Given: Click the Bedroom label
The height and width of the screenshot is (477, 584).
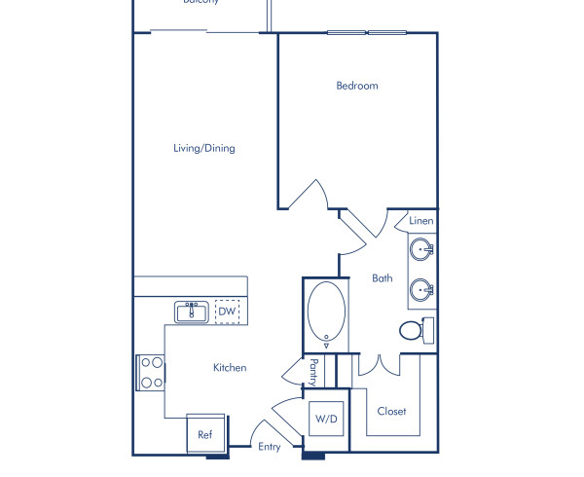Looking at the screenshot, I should click(356, 86).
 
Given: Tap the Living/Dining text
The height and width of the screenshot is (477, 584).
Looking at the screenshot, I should click(203, 149).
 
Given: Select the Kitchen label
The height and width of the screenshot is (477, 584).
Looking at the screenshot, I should click(230, 368).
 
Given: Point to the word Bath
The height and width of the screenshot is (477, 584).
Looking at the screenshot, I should click(382, 278).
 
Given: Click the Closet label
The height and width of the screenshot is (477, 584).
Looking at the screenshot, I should click(391, 412).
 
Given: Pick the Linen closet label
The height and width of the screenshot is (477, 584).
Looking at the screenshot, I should click(420, 221).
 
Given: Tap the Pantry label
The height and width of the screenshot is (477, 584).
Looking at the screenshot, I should click(313, 371).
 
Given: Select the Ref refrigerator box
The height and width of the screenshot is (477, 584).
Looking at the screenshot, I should click(205, 434).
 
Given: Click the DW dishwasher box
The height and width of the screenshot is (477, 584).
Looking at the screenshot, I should click(226, 312).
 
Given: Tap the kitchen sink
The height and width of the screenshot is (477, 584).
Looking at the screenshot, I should click(192, 312).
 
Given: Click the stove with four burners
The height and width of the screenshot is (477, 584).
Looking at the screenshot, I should click(151, 372).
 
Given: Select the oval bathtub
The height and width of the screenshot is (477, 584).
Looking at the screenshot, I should click(326, 313).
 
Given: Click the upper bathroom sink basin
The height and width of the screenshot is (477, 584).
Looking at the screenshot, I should click(422, 250).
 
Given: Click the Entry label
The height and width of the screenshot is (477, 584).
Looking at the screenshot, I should click(269, 448).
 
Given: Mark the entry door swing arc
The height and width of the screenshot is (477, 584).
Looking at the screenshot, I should click(264, 433).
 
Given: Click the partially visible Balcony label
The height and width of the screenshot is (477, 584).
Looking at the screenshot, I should click(201, 3).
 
